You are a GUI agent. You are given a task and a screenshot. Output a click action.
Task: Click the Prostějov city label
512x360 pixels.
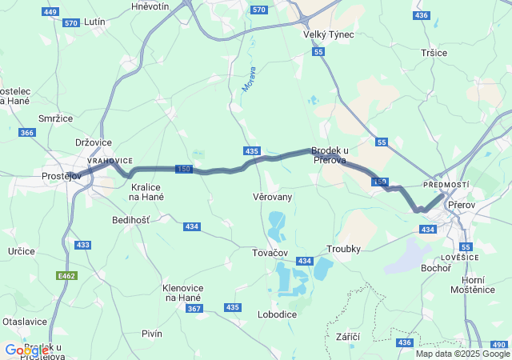[x=63, y=176]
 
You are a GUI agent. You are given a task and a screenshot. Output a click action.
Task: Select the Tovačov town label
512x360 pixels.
[x=270, y=253]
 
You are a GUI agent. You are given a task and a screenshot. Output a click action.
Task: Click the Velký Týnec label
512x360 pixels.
[x=328, y=34]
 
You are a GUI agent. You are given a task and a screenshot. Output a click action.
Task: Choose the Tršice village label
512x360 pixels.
[x=434, y=52]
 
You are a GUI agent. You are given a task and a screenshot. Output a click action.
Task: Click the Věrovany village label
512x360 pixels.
[x=272, y=197]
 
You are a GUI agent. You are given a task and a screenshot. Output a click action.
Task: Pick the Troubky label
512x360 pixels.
[x=343, y=249]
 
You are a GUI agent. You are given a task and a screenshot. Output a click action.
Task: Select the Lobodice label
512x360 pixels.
[x=277, y=314]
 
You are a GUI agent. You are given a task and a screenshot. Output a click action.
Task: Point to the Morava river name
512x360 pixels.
[x=248, y=78]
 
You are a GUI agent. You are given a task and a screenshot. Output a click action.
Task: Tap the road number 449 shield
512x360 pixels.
[x=50, y=12]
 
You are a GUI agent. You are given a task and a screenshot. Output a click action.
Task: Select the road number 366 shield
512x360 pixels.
[x=27, y=133]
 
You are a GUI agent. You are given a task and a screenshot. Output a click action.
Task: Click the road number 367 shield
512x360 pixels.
[x=194, y=309]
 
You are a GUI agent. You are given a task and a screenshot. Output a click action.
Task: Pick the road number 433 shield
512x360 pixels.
[x=82, y=244]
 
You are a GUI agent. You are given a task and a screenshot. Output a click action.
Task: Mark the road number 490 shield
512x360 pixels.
[x=498, y=344]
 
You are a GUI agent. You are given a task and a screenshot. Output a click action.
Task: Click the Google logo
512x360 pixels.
[x=26, y=350]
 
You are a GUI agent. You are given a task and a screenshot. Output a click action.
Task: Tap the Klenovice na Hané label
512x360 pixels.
[x=182, y=293]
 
